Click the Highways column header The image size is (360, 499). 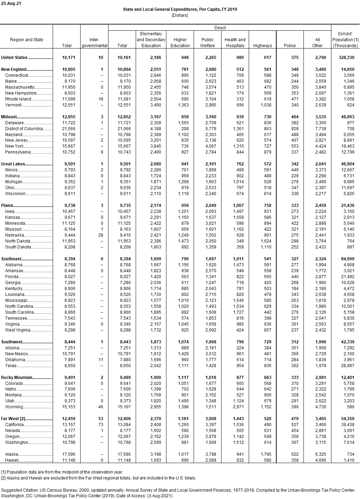pyautogui.click(x=262, y=46)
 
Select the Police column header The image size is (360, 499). pyautogui.click(x=290, y=46)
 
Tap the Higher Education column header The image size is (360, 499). pyautogui.click(x=180, y=43)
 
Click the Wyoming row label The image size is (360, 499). pyautogui.click(x=14, y=407)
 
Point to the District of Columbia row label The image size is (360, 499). pyautogui.click(x=24, y=129)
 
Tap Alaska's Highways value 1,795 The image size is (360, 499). pyautogui.click(x=265, y=454)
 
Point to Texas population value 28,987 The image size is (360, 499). pyautogui.click(x=347, y=366)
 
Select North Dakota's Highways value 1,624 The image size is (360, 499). pyautogui.click(x=265, y=241)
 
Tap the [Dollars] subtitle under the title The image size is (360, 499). pyautogui.click(x=180, y=15)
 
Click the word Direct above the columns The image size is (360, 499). pyautogui.click(x=220, y=28)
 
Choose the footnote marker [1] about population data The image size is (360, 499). pyautogui.click(x=3, y=472)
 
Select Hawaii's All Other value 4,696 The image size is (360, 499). pyautogui.click(x=319, y=460)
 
